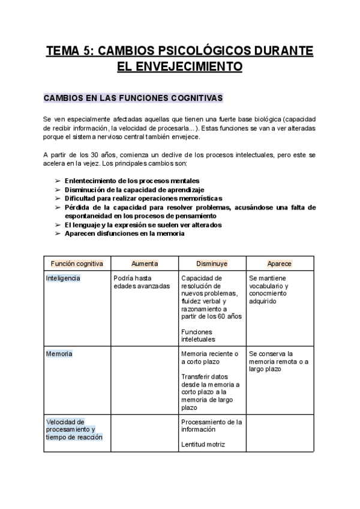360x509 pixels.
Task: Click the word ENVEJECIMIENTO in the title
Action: (x=179, y=66)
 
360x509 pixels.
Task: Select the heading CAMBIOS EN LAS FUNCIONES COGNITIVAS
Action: (x=133, y=97)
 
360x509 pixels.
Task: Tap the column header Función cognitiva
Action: (x=77, y=264)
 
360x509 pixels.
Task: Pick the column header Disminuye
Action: (x=212, y=264)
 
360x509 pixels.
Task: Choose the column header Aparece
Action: (x=280, y=264)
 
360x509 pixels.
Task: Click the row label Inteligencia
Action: (x=63, y=279)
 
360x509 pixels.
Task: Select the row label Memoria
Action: (x=59, y=354)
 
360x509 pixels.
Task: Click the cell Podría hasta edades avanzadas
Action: (x=142, y=282)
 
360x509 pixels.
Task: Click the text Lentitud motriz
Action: (x=203, y=444)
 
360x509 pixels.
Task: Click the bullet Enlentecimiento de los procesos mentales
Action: (x=132, y=181)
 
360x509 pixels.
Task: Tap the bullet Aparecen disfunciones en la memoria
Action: (x=124, y=233)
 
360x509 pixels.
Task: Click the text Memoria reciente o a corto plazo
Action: (x=209, y=358)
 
